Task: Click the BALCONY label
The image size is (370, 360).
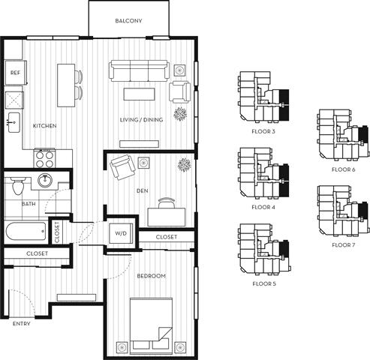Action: click(x=128, y=21)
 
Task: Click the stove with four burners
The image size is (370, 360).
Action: click(x=45, y=158)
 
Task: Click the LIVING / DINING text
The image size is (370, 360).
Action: click(x=141, y=120)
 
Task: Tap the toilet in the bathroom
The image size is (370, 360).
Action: click(x=20, y=184)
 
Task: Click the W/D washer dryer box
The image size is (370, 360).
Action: click(x=120, y=232)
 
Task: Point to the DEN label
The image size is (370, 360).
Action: click(x=142, y=191)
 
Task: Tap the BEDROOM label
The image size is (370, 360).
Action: click(x=152, y=277)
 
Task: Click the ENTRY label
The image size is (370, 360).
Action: click(x=23, y=324)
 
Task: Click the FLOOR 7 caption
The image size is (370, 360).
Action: click(x=343, y=244)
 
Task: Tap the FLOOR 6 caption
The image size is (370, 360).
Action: click(x=343, y=169)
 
